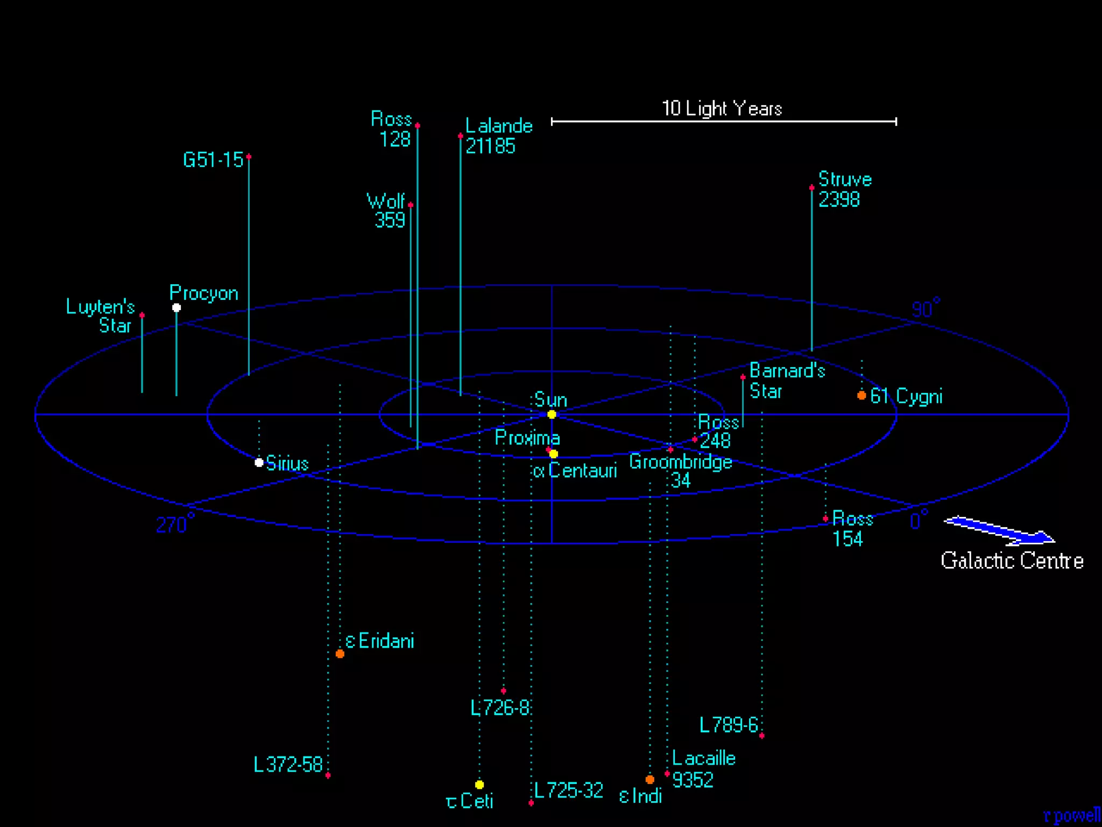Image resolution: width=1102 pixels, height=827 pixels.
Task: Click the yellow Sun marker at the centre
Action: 552,414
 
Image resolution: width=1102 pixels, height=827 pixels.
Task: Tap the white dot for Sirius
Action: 259,462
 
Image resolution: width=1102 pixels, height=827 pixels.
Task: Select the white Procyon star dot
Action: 176,307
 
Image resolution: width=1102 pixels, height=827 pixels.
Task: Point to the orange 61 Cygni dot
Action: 861,396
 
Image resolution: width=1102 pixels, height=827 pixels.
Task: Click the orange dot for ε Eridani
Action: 340,654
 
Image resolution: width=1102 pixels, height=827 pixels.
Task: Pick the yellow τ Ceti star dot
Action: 479,784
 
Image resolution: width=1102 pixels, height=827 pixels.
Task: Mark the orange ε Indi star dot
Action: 650,779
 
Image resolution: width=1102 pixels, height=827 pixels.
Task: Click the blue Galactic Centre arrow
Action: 999,530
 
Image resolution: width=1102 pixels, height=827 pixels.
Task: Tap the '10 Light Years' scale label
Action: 722,108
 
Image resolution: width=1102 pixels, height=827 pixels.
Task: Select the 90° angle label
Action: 926,307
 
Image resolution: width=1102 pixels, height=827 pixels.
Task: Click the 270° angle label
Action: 175,523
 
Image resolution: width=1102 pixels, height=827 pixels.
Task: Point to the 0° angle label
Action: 919,520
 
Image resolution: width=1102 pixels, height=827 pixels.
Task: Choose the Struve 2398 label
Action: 845,189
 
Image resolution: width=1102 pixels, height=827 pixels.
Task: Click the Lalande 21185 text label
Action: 499,136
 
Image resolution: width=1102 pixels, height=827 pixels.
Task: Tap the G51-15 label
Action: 213,160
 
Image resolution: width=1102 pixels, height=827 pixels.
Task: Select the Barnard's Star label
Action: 787,381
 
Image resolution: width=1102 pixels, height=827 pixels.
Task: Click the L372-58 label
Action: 288,765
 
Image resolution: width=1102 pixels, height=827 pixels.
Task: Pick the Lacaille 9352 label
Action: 704,769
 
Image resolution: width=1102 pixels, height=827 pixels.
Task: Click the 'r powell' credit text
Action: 1071,816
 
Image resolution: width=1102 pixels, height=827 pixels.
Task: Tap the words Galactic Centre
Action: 1012,560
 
